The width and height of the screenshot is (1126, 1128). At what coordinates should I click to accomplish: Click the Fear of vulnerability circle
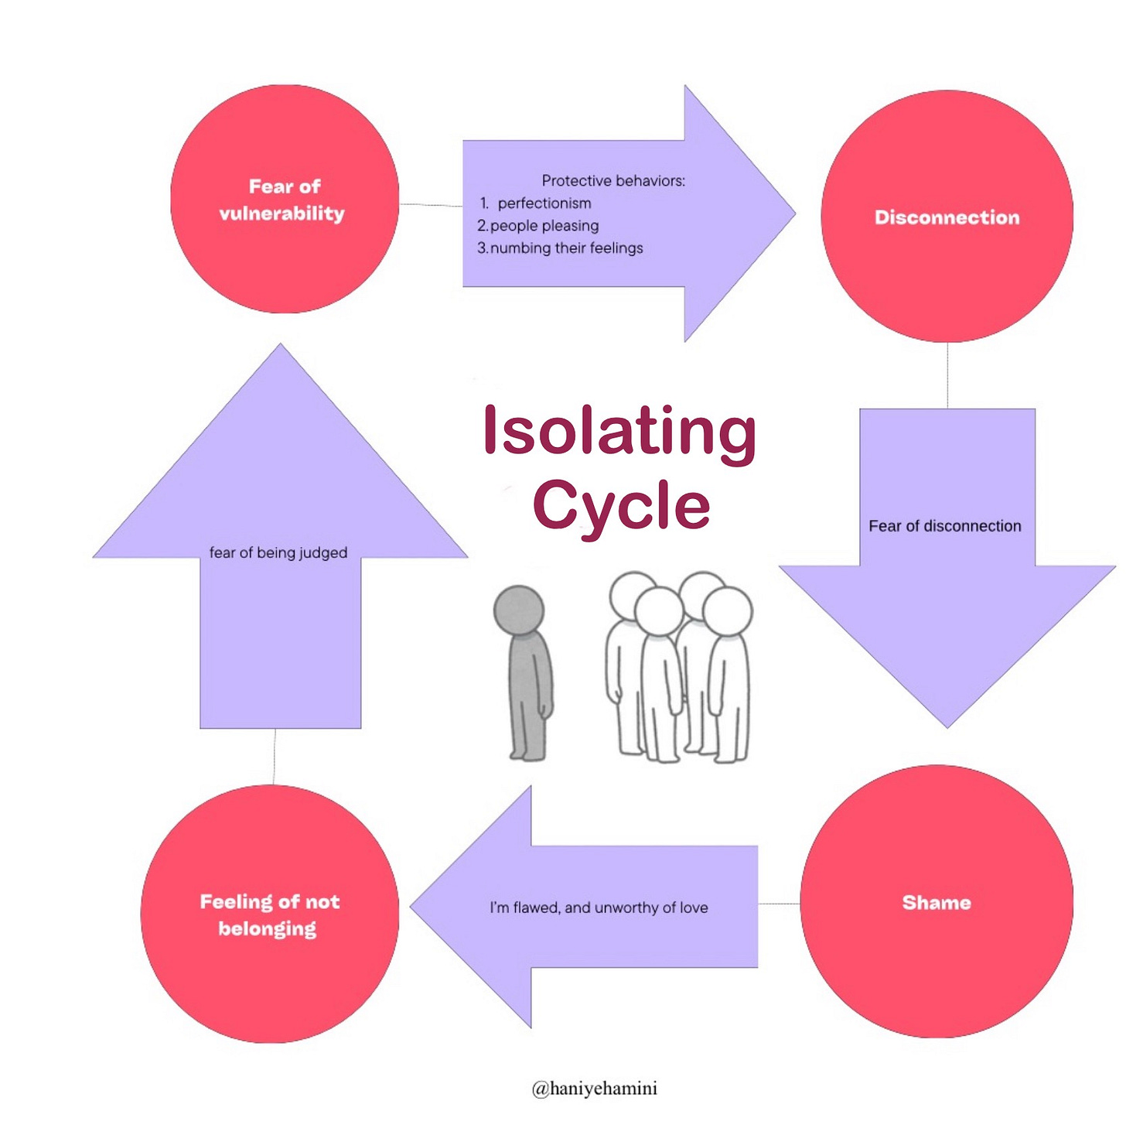click(x=285, y=199)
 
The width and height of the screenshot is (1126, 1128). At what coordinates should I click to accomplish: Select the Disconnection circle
click(x=947, y=216)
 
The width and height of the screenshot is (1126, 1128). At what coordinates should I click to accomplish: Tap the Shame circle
click(x=937, y=902)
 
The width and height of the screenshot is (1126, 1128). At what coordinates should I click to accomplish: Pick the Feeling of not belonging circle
click(x=270, y=914)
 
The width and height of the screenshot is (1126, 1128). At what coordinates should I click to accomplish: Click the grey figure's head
click(x=518, y=610)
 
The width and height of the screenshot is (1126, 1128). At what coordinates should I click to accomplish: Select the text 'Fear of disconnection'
click(x=944, y=525)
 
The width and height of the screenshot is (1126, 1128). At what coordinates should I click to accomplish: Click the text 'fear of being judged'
click(x=278, y=552)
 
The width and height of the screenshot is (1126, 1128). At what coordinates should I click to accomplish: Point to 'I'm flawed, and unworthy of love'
click(x=599, y=908)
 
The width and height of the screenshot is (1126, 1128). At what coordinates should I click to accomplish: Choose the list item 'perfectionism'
click(x=544, y=203)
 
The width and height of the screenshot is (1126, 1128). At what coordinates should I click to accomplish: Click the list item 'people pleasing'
click(x=544, y=225)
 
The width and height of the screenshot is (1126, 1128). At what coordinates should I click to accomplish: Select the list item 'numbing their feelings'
click(x=567, y=248)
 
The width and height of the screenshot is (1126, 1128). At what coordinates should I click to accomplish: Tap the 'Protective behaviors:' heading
click(x=613, y=181)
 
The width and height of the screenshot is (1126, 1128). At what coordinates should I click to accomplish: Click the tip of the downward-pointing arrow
click(x=947, y=727)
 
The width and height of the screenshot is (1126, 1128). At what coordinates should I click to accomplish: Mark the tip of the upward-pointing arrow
click(x=280, y=344)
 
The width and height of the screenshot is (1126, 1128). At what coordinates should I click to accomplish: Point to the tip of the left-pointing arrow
click(x=410, y=908)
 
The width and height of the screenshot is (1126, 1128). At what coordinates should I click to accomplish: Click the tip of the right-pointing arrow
click(x=795, y=214)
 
